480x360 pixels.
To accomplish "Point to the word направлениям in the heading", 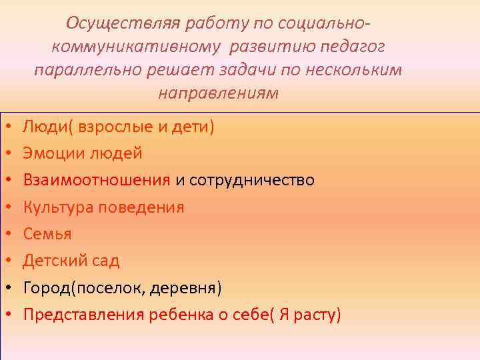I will coord(218,93).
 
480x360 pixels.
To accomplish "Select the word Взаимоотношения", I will coord(97,180).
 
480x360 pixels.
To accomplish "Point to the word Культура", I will coord(59,207).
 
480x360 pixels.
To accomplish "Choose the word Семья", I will coord(47,234).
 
